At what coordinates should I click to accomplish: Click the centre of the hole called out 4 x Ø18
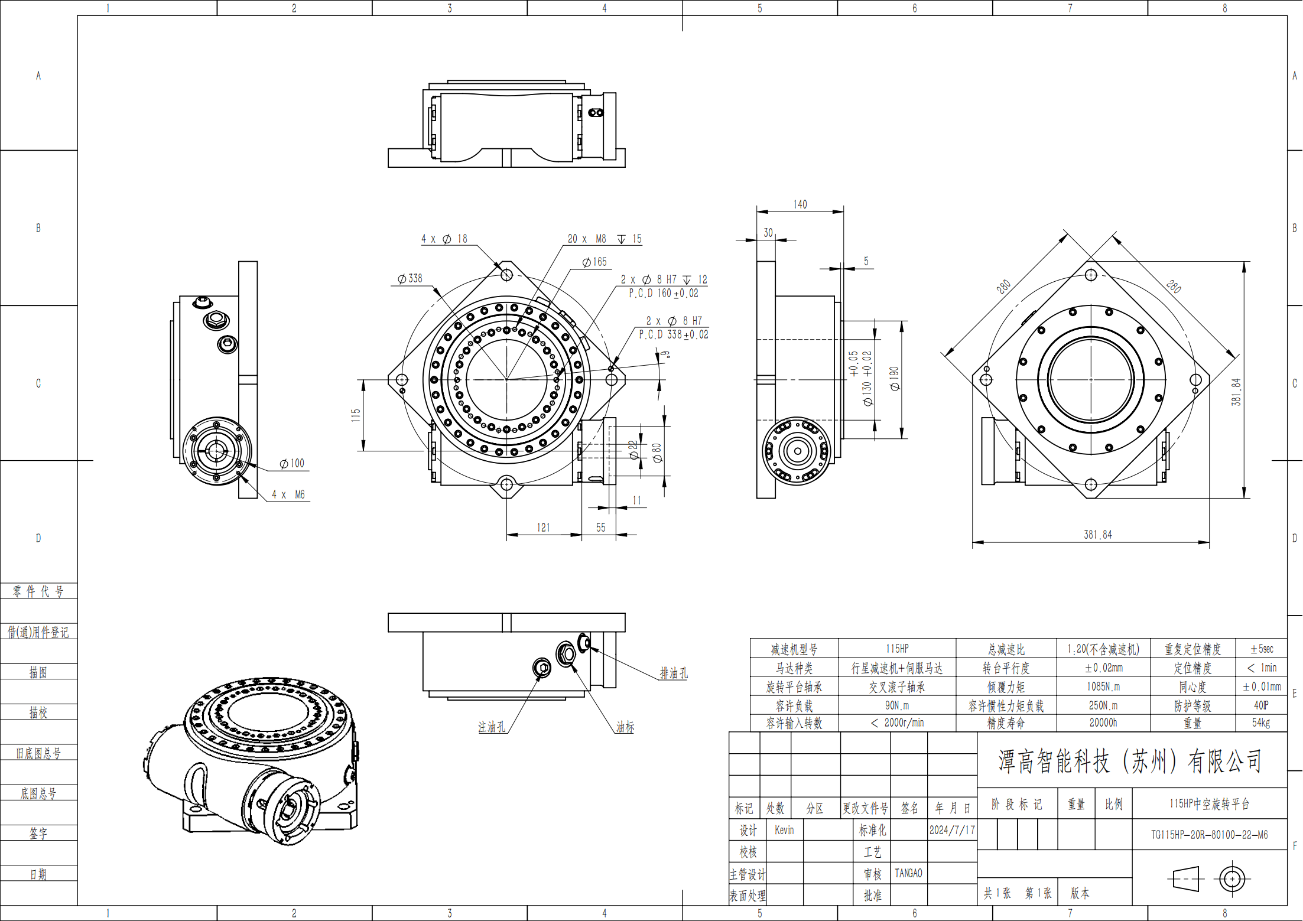tap(506, 275)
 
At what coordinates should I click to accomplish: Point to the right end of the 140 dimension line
tap(843, 211)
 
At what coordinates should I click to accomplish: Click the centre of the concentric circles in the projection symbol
tap(1232, 879)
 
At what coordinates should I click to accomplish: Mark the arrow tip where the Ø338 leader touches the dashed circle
tap(441, 297)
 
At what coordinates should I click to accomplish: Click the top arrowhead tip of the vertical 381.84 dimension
tap(1244, 262)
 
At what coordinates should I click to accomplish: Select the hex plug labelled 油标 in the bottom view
tap(566, 654)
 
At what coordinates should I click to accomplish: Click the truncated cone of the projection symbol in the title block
tap(1187, 879)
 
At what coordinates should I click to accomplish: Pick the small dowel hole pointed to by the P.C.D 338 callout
tap(611, 369)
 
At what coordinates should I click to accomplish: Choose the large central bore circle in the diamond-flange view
tap(1091, 380)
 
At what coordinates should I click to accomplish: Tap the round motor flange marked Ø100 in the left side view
tap(217, 451)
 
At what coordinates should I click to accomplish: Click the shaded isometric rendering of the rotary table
tap(251, 761)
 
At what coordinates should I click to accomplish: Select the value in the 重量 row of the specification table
tap(1261, 723)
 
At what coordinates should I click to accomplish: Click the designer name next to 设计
tap(784, 830)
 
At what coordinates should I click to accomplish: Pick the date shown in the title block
tap(952, 830)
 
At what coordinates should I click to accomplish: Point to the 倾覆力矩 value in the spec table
tap(1103, 686)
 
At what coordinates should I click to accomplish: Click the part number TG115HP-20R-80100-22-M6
tap(1209, 835)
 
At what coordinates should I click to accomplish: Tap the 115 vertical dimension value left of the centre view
tap(356, 415)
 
